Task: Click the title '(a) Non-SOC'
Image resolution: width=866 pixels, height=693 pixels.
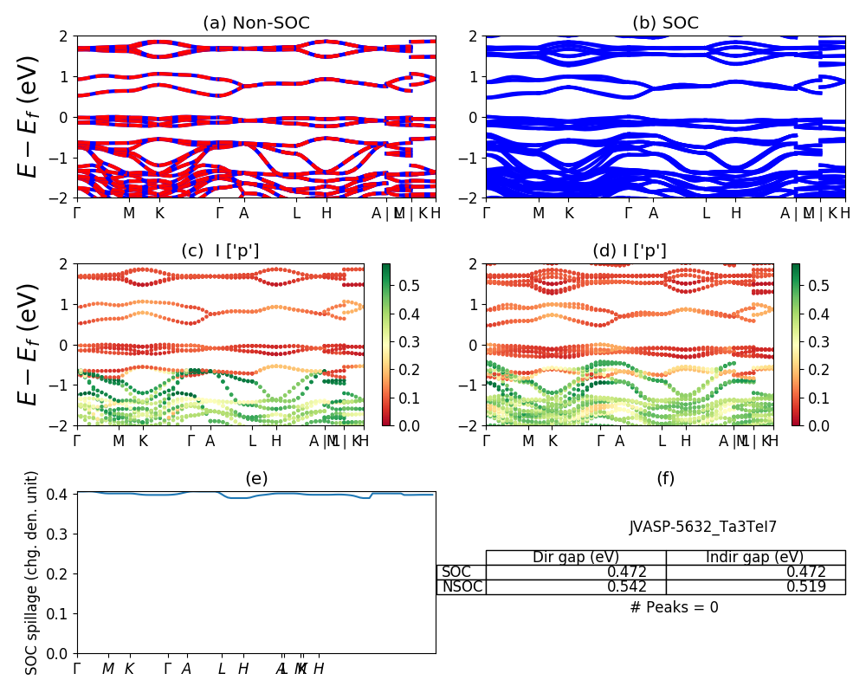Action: (256, 23)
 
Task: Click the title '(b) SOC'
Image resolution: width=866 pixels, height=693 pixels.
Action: (665, 23)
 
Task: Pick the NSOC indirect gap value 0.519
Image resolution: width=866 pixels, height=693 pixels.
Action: (805, 586)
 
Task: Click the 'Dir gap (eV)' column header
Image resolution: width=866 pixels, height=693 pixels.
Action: (576, 557)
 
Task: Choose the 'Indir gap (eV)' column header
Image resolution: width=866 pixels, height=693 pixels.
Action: (755, 557)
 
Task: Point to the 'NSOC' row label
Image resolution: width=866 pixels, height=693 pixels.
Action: (462, 586)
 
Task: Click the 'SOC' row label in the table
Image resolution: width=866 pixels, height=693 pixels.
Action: (456, 572)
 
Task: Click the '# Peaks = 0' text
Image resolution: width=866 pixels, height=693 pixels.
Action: (674, 607)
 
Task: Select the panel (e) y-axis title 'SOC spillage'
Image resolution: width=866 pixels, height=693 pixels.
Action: (32, 573)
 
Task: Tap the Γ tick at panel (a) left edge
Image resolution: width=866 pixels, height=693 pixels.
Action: (77, 213)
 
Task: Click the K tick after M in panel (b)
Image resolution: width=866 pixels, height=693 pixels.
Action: (569, 213)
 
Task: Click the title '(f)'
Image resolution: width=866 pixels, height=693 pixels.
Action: (665, 478)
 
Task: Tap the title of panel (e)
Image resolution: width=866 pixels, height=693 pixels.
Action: (256, 478)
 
